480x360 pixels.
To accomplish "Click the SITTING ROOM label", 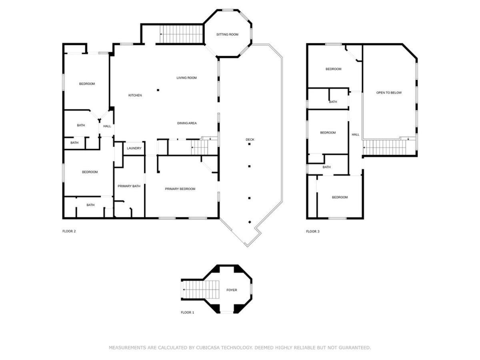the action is [227, 34].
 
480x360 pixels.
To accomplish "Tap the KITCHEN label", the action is [135, 95].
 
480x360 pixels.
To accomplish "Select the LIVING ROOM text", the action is [186, 78].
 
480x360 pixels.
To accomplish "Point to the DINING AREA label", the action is [187, 123].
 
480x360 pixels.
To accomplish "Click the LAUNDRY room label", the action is [134, 148].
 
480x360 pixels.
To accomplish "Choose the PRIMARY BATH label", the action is [129, 186].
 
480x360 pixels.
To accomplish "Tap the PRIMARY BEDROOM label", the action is [180, 189].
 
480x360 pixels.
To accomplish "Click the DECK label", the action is [250, 140].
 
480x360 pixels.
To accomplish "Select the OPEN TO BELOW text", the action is [389, 93].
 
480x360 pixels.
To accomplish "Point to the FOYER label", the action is [232, 290].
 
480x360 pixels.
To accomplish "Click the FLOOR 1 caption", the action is [188, 312].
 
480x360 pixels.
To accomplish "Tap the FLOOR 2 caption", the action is [69, 231].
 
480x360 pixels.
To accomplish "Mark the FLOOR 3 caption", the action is [313, 232].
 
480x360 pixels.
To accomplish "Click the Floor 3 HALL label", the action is [355, 135].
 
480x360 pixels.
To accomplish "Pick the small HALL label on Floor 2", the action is [107, 126].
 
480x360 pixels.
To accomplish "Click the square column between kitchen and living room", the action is [158, 90].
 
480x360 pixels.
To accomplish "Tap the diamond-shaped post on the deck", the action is [250, 222].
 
